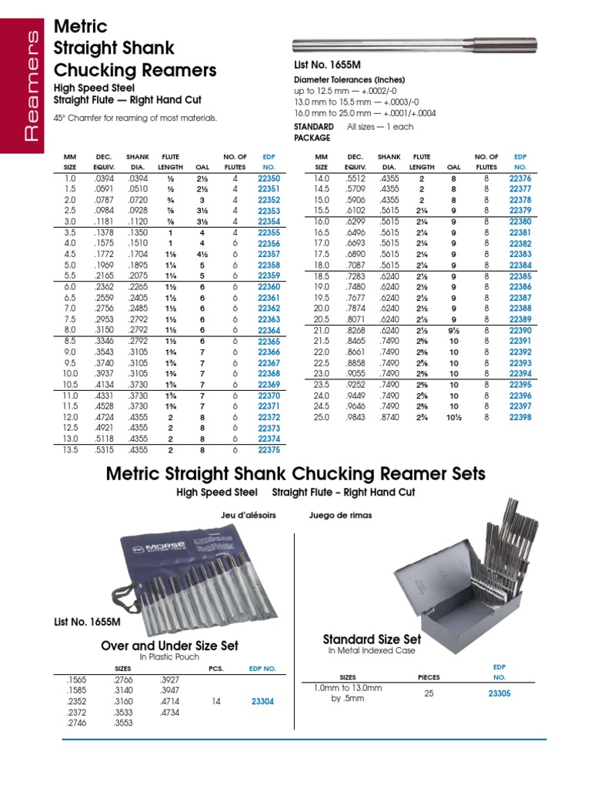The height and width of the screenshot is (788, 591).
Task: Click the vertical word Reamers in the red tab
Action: pos(32,85)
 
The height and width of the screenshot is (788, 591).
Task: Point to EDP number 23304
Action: pos(262,702)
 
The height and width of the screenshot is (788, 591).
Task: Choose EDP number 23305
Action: pos(499,693)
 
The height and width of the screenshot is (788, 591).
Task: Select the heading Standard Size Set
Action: pos(372,639)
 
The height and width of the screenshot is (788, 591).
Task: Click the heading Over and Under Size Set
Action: pos(169,646)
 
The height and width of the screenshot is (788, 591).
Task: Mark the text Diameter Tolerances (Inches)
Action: pos(349,79)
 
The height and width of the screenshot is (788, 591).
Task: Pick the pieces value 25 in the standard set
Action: pos(428,693)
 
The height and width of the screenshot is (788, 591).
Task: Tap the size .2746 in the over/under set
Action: pos(76,723)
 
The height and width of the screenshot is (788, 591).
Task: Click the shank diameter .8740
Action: pos(390,417)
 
